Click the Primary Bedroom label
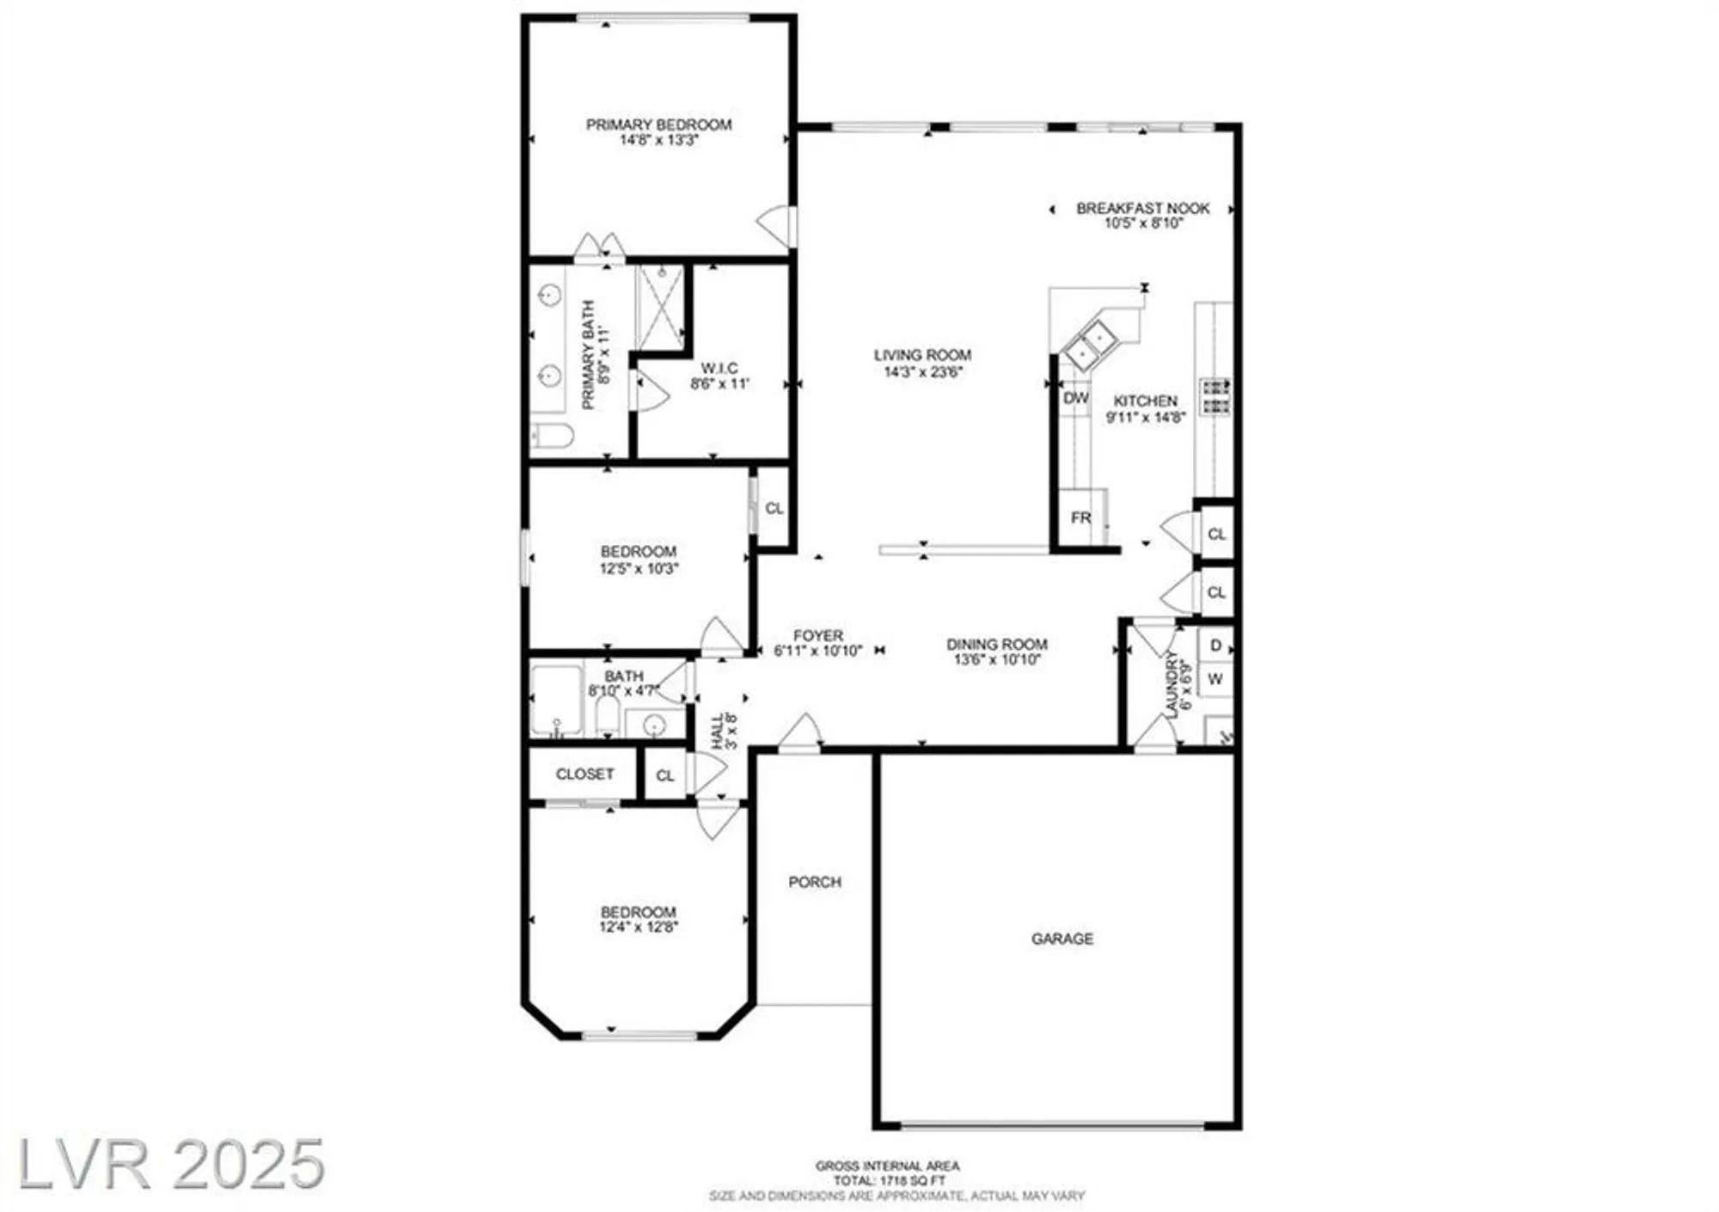[658, 125]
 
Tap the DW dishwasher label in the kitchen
[1075, 398]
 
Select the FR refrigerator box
[1080, 517]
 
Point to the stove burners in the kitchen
[1215, 396]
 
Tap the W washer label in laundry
[1215, 679]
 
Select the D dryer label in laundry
[1215, 646]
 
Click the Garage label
[1062, 939]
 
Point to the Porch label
[815, 882]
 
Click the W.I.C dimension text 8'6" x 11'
[720, 383]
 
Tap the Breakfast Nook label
[1142, 208]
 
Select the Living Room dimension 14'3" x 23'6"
[922, 371]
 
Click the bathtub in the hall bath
[556, 699]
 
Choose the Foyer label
[817, 635]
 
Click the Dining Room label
[997, 644]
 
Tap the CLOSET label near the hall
[584, 774]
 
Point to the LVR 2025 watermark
[172, 1165]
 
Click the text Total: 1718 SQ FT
[888, 1181]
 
